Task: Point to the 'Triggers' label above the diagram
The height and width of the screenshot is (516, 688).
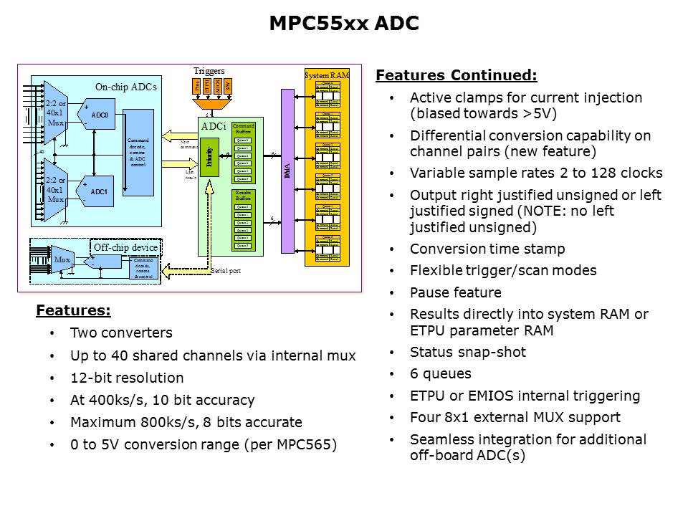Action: coord(209,71)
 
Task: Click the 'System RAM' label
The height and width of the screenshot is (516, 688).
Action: coord(327,75)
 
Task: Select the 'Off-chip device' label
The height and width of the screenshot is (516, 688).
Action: coord(125,247)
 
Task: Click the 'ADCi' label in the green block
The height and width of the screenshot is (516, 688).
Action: coord(214,126)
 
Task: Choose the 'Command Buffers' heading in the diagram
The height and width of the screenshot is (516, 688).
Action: coord(244,128)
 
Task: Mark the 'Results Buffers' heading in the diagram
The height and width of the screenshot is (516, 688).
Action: coord(244,194)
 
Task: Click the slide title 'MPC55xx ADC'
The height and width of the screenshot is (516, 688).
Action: coord(343,24)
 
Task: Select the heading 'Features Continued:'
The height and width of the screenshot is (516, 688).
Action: coord(456,75)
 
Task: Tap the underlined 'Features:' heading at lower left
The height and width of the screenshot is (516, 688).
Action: coord(73,310)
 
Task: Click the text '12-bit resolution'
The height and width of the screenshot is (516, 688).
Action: coord(127,378)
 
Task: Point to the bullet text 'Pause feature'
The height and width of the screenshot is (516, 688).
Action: coord(455,292)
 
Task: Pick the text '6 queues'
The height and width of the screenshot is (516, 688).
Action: coord(440,373)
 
